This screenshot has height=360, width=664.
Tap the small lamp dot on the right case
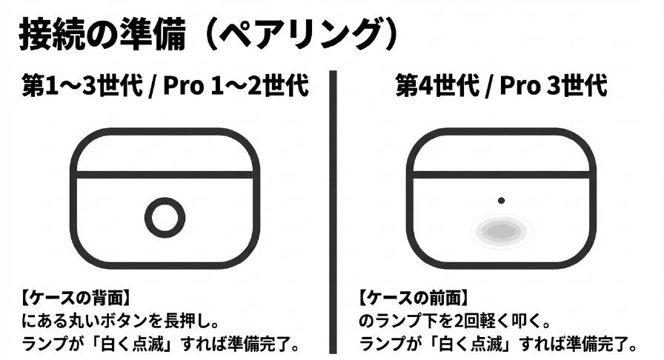(x=502, y=201)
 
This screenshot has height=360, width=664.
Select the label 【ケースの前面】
(x=412, y=299)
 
